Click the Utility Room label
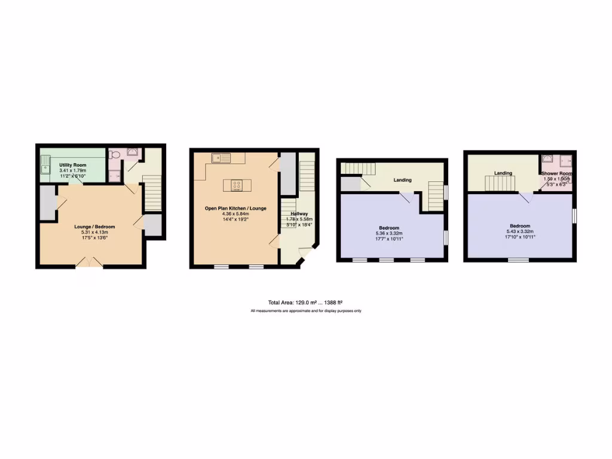[x=72, y=164]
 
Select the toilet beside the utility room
[x=115, y=155]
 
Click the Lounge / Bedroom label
[x=94, y=227]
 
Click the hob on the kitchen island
[x=236, y=185]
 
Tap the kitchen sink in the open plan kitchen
[x=221, y=158]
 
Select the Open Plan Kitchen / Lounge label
[x=235, y=208]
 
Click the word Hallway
[x=299, y=213]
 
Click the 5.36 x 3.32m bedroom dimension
[x=389, y=233]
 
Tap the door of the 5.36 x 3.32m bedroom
[x=406, y=198]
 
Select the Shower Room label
[x=556, y=173]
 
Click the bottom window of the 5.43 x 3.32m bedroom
[x=519, y=260]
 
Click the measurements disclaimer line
[x=305, y=311]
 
